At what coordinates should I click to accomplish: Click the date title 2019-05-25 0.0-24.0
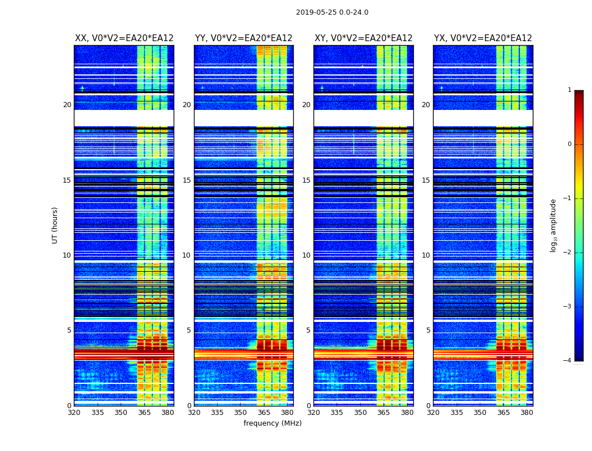point(332,12)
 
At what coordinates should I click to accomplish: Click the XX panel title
point(124,38)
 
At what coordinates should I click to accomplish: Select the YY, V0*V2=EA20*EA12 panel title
point(244,38)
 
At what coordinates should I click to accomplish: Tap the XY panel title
point(363,38)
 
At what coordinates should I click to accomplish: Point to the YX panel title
point(483,38)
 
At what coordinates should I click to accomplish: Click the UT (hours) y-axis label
point(55,225)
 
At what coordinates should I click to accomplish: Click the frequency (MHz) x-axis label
point(272,423)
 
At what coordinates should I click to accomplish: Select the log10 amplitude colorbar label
point(554,225)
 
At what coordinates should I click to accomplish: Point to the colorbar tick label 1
point(569,90)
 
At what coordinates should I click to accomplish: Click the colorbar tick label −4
point(568,361)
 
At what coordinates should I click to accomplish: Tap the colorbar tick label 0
point(569,144)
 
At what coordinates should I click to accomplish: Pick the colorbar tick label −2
point(568,253)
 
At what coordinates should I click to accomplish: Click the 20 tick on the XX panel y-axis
point(67,105)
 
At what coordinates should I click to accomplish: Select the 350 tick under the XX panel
point(121,413)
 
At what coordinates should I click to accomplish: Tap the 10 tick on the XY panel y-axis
point(306,255)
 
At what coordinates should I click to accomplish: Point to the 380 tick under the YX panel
point(527,413)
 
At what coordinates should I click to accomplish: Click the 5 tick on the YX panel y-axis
point(428,330)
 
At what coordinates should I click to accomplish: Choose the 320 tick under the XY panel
point(313,413)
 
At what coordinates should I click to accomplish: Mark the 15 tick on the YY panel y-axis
point(187,180)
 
